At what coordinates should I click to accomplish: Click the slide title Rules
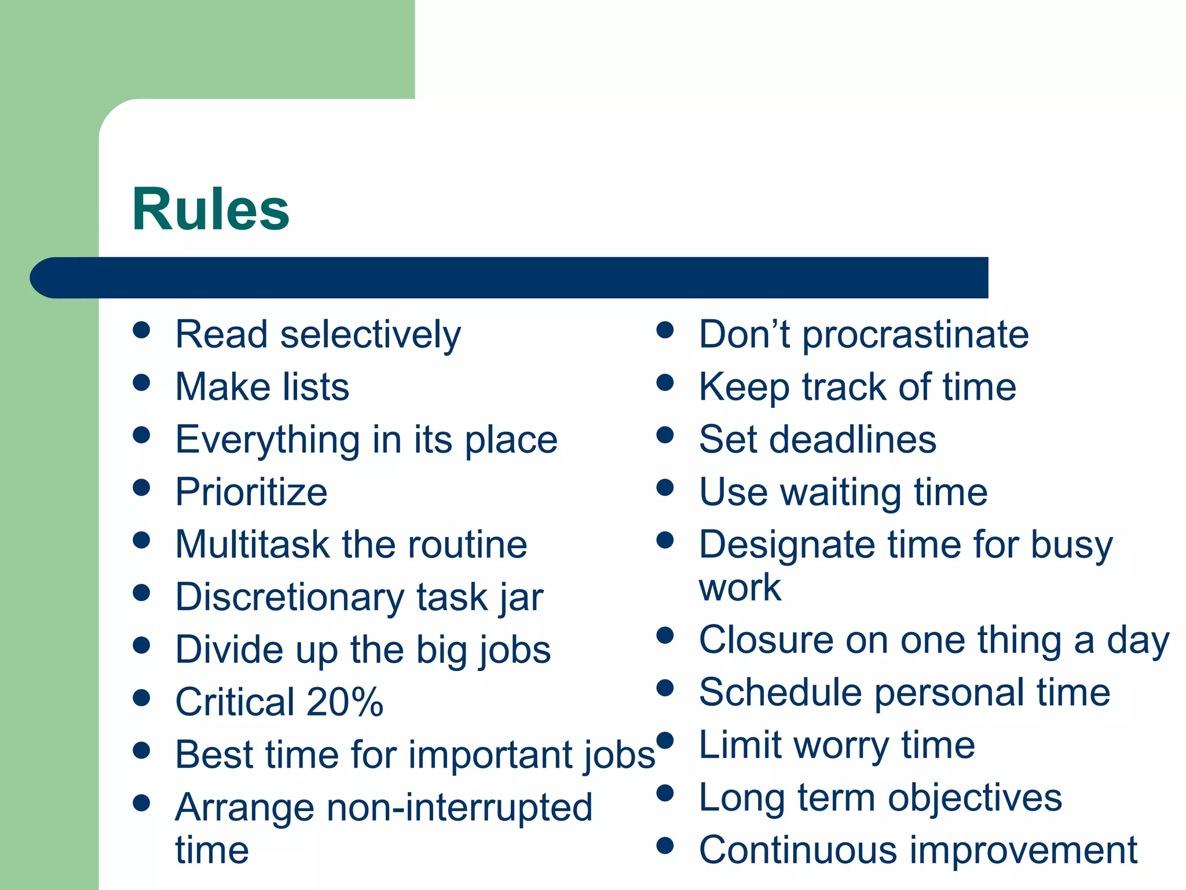[x=210, y=210]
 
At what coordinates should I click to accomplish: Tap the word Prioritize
[x=251, y=493]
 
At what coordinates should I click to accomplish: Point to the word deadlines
[x=852, y=440]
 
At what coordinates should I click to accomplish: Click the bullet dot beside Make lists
[x=141, y=382]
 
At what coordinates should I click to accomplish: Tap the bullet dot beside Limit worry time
[x=665, y=741]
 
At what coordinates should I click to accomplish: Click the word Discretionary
[x=290, y=597]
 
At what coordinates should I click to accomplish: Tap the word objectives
[x=975, y=798]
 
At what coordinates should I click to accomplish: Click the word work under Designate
[x=740, y=588]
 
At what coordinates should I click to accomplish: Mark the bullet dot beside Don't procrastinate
[x=665, y=330]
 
